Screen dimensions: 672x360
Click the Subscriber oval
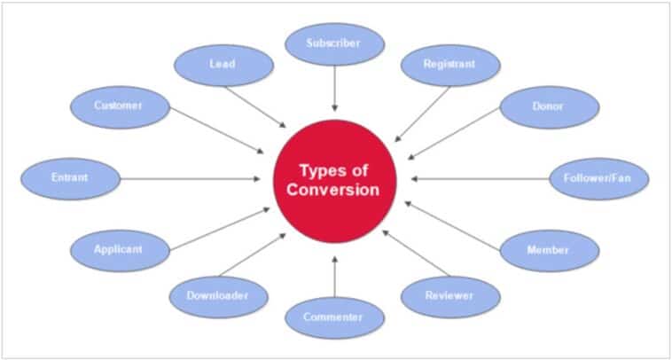coord(335,44)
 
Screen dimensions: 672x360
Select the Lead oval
coord(223,65)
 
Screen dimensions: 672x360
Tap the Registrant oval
coord(450,65)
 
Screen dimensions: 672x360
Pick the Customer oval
coord(120,107)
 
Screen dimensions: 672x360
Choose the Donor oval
coord(550,107)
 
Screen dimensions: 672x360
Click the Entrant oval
coord(71,179)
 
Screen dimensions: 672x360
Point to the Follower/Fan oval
coord(599,179)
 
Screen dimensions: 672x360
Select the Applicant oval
coord(120,251)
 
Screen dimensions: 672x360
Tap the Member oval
coord(550,251)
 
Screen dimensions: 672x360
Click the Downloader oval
coord(219,297)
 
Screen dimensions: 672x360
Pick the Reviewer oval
coord(450,297)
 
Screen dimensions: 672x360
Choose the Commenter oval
coord(335,318)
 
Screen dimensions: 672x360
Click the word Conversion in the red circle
coord(333,190)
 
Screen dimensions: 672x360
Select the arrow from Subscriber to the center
coord(335,89)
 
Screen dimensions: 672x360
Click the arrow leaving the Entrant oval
coord(191,179)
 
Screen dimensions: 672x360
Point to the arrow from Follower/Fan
coord(480,179)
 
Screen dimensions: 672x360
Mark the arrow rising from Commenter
coord(335,277)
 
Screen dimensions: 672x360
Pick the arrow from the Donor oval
coord(454,134)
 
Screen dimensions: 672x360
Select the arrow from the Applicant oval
coord(220,229)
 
